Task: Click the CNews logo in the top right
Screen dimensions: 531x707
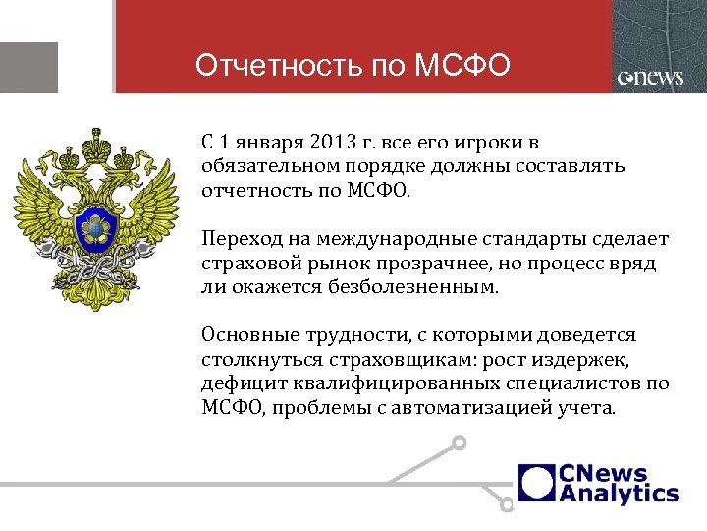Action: pos(651,79)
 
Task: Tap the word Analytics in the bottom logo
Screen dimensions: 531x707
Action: pos(619,494)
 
